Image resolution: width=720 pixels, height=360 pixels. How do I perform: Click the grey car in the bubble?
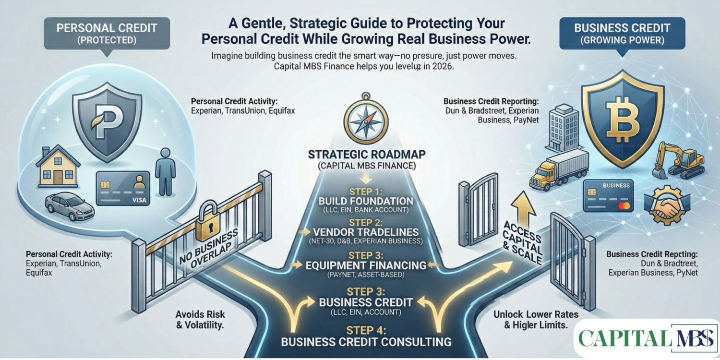click(x=69, y=206)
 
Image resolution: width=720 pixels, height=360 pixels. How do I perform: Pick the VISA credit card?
click(x=122, y=189)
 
